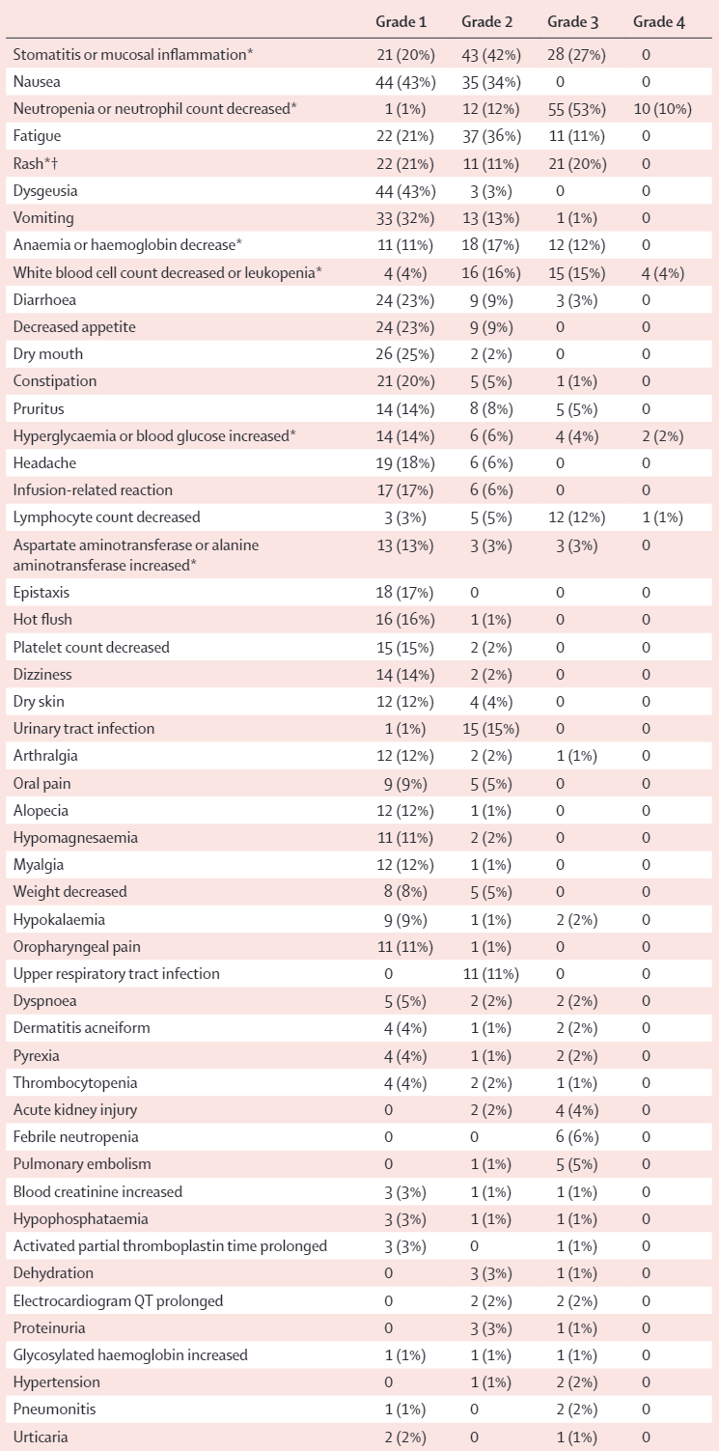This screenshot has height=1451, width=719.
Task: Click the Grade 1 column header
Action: [x=401, y=22]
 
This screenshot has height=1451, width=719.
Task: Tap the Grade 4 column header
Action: [x=659, y=22]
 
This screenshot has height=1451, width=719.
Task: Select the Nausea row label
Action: [x=37, y=82]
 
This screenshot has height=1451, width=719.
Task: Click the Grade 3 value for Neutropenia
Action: [x=576, y=109]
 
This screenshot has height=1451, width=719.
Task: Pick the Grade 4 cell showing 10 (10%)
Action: [x=663, y=109]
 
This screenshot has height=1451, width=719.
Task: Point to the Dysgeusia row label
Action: [x=45, y=191]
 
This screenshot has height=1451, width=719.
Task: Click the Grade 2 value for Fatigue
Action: [x=491, y=136]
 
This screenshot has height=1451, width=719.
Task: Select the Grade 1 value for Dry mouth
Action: [x=405, y=354]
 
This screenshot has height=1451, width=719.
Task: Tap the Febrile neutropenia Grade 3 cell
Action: [x=577, y=1137]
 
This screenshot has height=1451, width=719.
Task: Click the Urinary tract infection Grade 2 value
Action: [x=491, y=729]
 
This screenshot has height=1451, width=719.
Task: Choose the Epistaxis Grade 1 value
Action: [x=405, y=593]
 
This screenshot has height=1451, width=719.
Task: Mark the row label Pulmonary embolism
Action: [x=82, y=1164]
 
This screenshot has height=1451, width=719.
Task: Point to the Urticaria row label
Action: [x=41, y=1437]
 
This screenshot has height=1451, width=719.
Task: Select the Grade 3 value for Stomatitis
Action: [x=576, y=55]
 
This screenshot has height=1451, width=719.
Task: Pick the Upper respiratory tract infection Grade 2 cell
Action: [x=491, y=973]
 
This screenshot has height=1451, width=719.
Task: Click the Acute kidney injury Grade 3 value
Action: [x=577, y=1109]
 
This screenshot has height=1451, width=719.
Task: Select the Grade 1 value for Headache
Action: [x=405, y=463]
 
